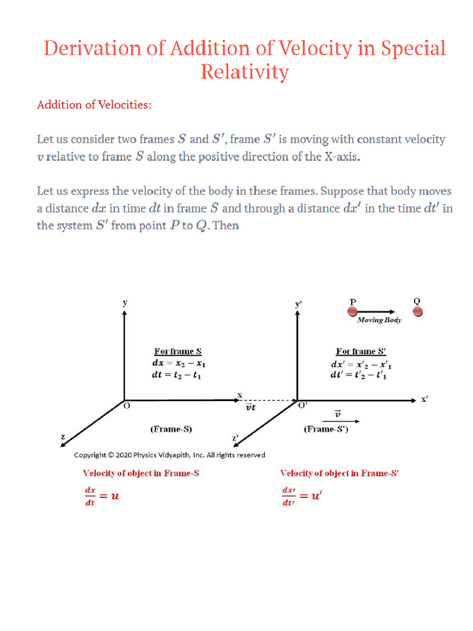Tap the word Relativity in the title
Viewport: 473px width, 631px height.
click(245, 72)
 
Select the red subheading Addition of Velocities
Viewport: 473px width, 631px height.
click(94, 105)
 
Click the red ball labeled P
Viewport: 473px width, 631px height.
click(353, 312)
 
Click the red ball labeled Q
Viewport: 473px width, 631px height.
click(418, 312)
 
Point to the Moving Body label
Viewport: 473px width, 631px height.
click(379, 320)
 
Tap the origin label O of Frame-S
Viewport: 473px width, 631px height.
click(127, 407)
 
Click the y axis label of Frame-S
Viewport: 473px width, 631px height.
click(125, 303)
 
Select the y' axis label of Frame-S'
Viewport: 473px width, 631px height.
click(299, 304)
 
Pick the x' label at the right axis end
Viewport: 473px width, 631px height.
click(424, 399)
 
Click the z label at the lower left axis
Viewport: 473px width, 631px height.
click(62, 436)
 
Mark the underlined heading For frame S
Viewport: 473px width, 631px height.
click(177, 351)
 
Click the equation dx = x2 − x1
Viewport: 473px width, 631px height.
click(179, 363)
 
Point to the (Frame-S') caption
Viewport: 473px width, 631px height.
click(326, 429)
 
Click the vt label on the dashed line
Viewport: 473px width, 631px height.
click(251, 407)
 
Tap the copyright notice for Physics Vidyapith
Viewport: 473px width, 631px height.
click(169, 455)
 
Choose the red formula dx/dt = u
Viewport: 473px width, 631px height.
click(101, 495)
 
